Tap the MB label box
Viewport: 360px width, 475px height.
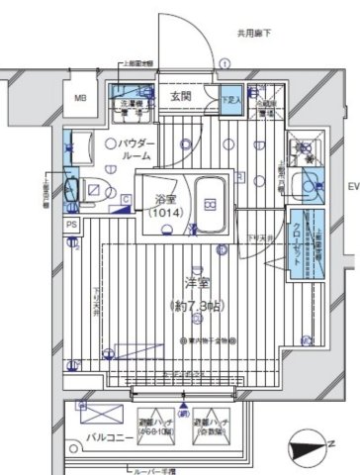click(x=82, y=97)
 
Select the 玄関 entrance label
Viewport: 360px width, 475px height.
click(x=180, y=96)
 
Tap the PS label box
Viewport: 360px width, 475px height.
click(x=72, y=225)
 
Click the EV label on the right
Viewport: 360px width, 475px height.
click(x=351, y=187)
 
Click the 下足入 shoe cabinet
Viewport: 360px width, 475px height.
click(x=231, y=100)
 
